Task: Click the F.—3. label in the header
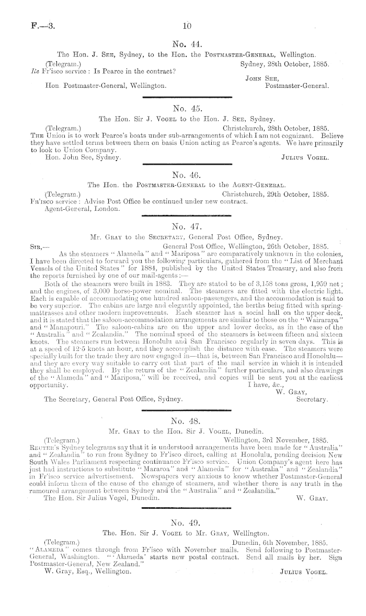click(x=33, y=24)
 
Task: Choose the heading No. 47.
click(x=187, y=226)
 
